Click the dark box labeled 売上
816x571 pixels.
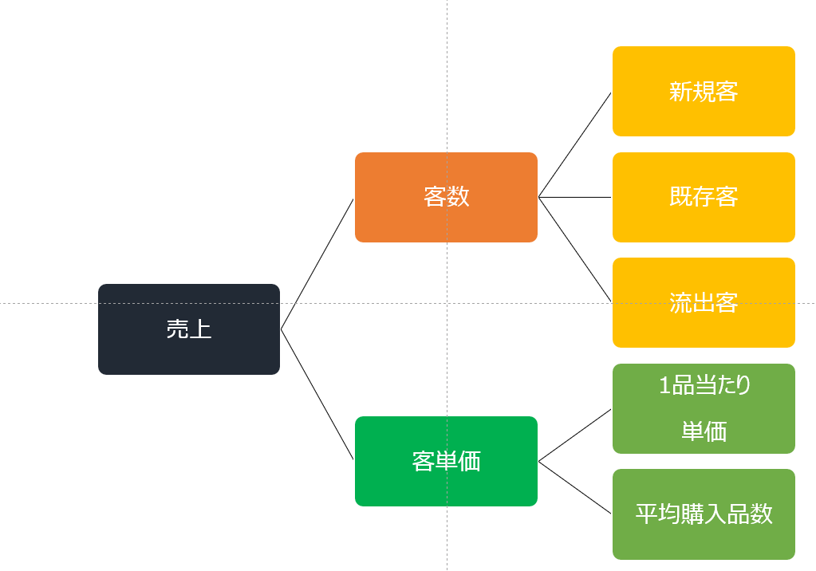click(189, 329)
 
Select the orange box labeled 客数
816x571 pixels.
click(446, 197)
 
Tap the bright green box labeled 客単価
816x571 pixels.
click(446, 461)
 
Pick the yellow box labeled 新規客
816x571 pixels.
click(704, 91)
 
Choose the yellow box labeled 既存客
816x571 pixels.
click(704, 197)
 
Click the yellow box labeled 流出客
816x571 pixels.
click(704, 302)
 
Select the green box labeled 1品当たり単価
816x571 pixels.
click(704, 408)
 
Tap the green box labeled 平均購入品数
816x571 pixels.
click(704, 514)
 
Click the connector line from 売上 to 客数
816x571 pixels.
click(317, 264)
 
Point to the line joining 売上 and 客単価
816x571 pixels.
click(317, 394)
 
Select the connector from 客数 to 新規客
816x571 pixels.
click(574, 144)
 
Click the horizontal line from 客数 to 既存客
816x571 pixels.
click(574, 197)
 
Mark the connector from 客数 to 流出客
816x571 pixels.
click(574, 250)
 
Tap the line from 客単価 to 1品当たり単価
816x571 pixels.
click(574, 435)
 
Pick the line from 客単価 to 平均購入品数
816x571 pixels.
click(574, 488)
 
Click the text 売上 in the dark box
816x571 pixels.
click(189, 329)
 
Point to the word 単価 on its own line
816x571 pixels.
click(704, 431)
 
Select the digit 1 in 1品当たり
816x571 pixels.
click(664, 385)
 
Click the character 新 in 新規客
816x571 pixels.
click(680, 92)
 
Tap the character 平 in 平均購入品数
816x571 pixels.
click(646, 514)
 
